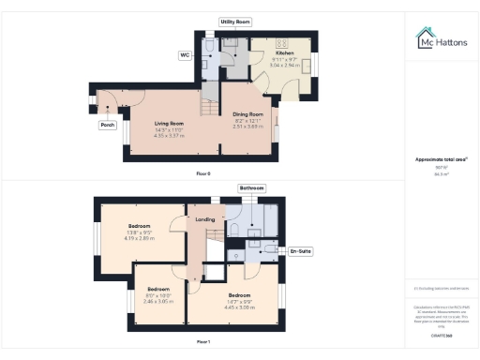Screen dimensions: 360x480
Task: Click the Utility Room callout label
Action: pyautogui.click(x=233, y=21)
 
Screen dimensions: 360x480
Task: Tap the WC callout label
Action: pyautogui.click(x=185, y=54)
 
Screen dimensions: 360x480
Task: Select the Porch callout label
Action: pyautogui.click(x=108, y=124)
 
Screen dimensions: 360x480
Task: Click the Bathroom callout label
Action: pyautogui.click(x=252, y=188)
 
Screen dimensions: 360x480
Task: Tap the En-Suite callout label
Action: pyautogui.click(x=300, y=252)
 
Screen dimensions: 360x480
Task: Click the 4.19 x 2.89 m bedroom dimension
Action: pyautogui.click(x=140, y=237)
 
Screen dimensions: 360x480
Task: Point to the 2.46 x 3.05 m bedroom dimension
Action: pyautogui.click(x=158, y=302)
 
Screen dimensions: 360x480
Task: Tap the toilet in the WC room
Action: pyautogui.click(x=211, y=56)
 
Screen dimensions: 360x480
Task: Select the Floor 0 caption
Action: pyautogui.click(x=203, y=174)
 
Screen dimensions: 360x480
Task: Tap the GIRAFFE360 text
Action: pyautogui.click(x=436, y=334)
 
